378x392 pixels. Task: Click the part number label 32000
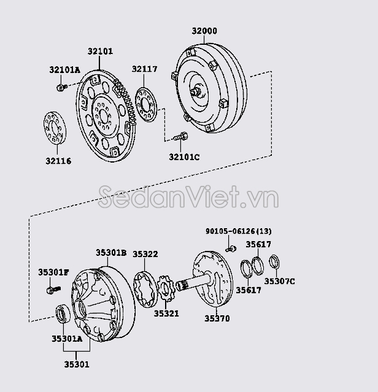pos(204,31)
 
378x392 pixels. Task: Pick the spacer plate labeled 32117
pos(146,104)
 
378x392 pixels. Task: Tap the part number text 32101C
pos(184,157)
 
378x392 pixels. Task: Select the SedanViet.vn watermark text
pos(188,198)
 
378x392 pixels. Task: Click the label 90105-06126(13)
pos(238,231)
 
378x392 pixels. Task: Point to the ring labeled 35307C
pos(276,263)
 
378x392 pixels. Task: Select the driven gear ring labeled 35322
pos(149,285)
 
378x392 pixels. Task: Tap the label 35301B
pos(110,252)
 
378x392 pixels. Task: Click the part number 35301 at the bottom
pos(76,364)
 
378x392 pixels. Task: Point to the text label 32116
pos(57,161)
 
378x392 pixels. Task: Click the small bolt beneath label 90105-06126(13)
pos(231,248)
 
